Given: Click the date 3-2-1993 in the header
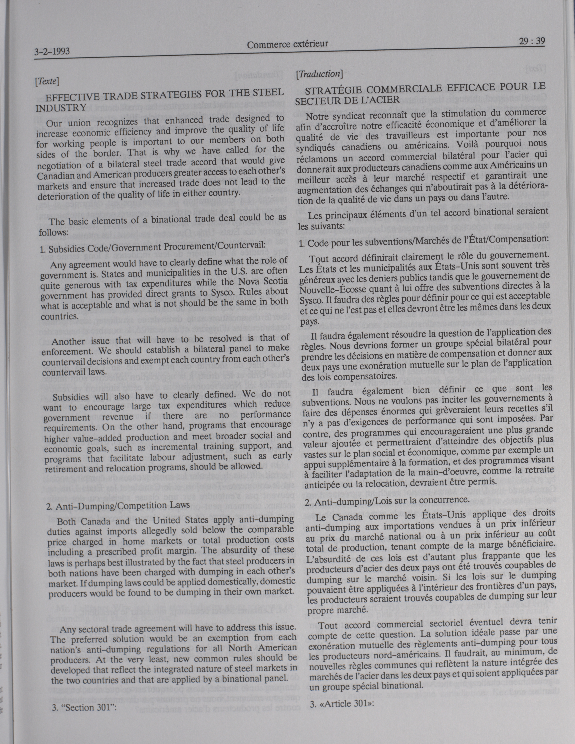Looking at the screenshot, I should pos(52,51).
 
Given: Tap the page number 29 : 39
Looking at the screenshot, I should pos(532,41).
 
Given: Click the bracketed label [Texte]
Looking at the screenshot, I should pos(47,81).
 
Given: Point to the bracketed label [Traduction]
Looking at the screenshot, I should pos(319,74).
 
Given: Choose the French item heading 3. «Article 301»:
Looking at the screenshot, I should pos(342,703).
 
